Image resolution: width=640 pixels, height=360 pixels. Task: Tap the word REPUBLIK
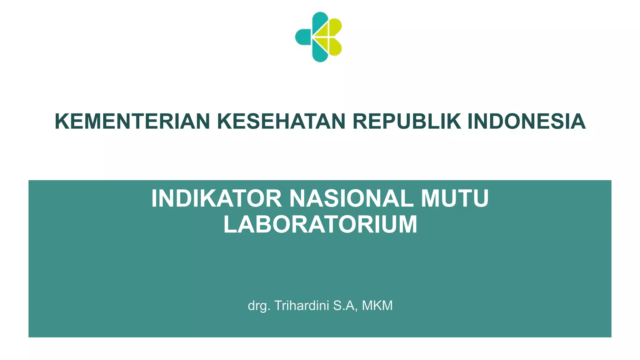point(407,121)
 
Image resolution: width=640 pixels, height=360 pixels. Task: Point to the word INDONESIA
point(527,121)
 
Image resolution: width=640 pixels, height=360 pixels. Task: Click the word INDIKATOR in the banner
point(217,198)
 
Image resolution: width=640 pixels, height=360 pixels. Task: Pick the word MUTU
point(455,198)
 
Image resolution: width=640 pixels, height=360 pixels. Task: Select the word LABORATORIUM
point(320,224)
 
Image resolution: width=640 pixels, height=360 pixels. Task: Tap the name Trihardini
point(302,305)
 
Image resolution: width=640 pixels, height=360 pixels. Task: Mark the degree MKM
point(377,305)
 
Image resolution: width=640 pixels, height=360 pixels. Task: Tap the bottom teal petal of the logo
point(319,53)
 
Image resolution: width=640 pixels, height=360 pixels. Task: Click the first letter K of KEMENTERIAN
point(62,121)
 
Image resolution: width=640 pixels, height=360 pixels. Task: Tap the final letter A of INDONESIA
point(578,121)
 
